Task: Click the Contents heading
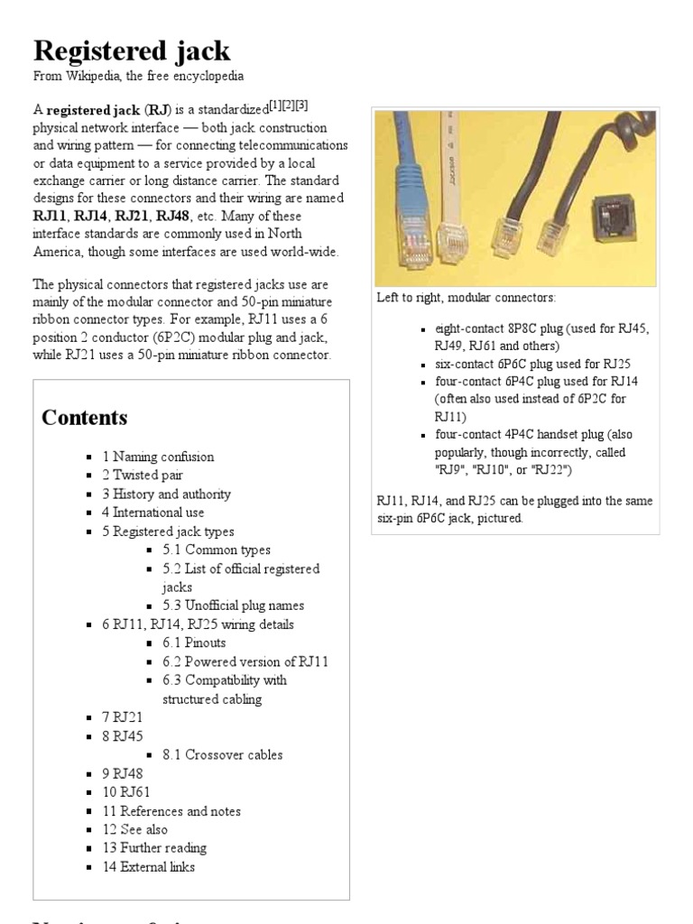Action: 85,418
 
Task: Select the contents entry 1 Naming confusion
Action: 158,457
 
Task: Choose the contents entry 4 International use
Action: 159,513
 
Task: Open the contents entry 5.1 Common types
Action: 217,550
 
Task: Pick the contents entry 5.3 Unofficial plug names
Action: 233,605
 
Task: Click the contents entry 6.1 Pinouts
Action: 194,642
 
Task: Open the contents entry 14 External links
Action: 148,867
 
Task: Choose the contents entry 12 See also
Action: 134,829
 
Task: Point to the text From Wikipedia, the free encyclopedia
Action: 138,77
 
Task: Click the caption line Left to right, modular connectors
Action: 467,298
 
